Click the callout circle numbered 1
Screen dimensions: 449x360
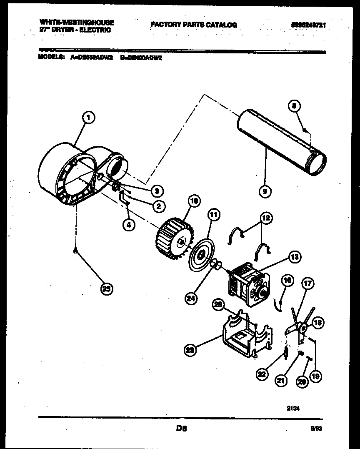coord(88,119)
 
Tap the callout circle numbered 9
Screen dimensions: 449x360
coord(265,191)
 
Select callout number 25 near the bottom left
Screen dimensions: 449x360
coord(107,289)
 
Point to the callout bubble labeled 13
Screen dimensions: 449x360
coord(295,257)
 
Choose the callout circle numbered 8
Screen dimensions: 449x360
coord(295,107)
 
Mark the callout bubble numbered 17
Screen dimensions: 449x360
coord(307,285)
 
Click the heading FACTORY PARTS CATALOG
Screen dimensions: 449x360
coord(193,25)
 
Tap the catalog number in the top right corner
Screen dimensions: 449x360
coord(308,25)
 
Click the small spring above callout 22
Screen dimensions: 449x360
coord(285,352)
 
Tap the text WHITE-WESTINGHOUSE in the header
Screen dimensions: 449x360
coord(76,23)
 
